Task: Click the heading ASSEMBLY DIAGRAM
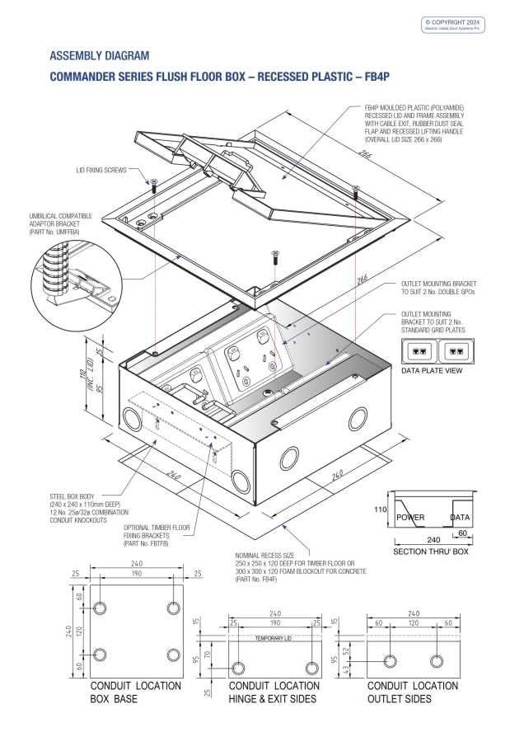pos(100,56)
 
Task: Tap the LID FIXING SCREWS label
pos(100,171)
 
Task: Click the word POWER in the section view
pos(409,518)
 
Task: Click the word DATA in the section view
pos(460,518)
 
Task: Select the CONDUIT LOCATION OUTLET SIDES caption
pos(411,692)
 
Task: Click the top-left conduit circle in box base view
pos(100,608)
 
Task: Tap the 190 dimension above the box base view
pos(135,573)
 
